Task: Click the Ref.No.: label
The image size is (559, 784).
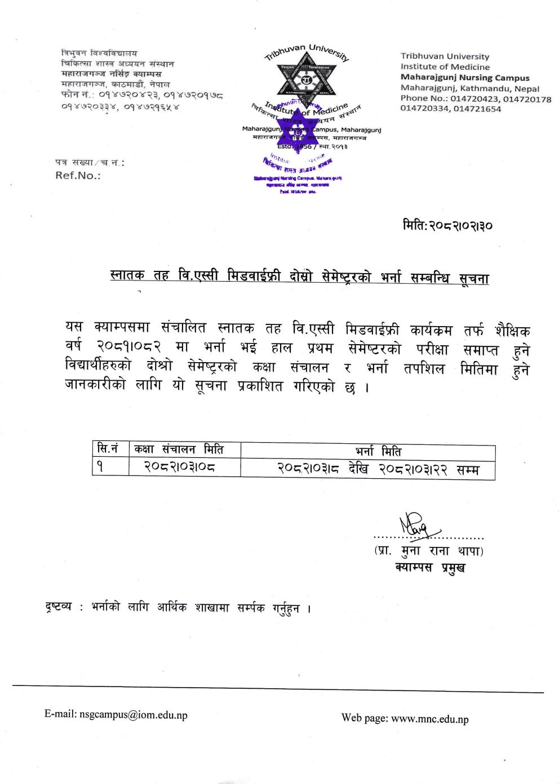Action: pyautogui.click(x=78, y=175)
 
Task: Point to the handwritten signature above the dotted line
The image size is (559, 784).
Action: pyautogui.click(x=415, y=524)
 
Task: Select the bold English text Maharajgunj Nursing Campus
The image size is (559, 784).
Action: pyautogui.click(x=465, y=78)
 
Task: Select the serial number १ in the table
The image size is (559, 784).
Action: pyautogui.click(x=99, y=467)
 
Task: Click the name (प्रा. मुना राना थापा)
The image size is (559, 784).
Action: pyautogui.click(x=429, y=550)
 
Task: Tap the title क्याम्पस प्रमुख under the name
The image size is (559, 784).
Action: pyautogui.click(x=430, y=567)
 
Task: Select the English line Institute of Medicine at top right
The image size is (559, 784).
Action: pyautogui.click(x=445, y=67)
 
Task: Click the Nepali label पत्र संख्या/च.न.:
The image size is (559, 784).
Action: pyautogui.click(x=90, y=163)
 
